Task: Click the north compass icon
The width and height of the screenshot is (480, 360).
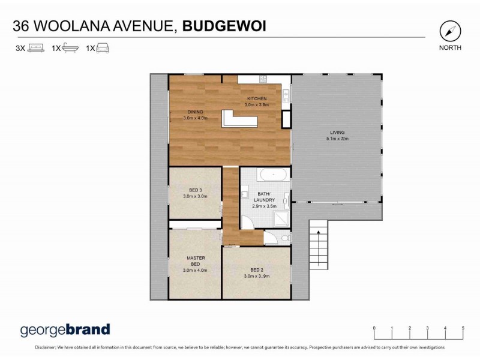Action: [449, 31]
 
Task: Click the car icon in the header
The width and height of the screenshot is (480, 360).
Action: [103, 48]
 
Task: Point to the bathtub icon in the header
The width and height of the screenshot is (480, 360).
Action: [70, 48]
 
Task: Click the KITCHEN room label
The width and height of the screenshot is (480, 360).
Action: [257, 98]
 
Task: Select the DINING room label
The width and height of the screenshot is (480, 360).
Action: [195, 112]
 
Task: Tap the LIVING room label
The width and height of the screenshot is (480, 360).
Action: [338, 133]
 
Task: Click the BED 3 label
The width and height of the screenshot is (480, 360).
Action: [194, 190]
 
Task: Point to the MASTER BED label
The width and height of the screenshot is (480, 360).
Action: [196, 261]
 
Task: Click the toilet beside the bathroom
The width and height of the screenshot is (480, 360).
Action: [271, 238]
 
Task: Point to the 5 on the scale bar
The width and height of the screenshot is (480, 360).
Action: [463, 328]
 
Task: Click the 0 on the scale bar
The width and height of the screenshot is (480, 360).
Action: [374, 328]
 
